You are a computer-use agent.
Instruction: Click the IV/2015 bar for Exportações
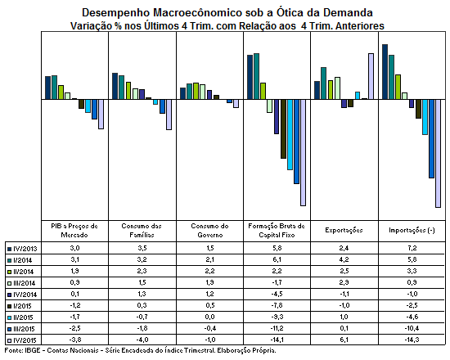coord(371,76)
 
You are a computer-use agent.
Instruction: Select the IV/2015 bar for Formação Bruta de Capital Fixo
coord(303,153)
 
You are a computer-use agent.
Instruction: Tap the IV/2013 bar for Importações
coord(385,72)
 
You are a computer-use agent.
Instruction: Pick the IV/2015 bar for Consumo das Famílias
coord(169,115)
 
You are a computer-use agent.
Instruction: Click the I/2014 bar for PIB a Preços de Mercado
coord(54,88)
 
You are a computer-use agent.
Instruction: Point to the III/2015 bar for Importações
coord(431,139)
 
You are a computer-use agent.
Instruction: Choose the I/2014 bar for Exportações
coord(323,83)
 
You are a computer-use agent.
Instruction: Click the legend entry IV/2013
coord(22,249)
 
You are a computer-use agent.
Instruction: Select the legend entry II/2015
coord(20,317)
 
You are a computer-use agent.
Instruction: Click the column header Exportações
coord(344,230)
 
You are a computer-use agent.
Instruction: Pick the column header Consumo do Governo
coord(209,231)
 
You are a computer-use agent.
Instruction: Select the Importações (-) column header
coord(412,230)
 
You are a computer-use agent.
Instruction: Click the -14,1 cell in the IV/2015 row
coord(277,340)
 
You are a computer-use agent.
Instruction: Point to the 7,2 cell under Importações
coord(412,248)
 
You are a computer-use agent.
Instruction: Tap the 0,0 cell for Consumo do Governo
coord(210,317)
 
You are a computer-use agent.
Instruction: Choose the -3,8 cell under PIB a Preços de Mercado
coord(75,340)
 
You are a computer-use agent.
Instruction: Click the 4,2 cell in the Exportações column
coord(344,259)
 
